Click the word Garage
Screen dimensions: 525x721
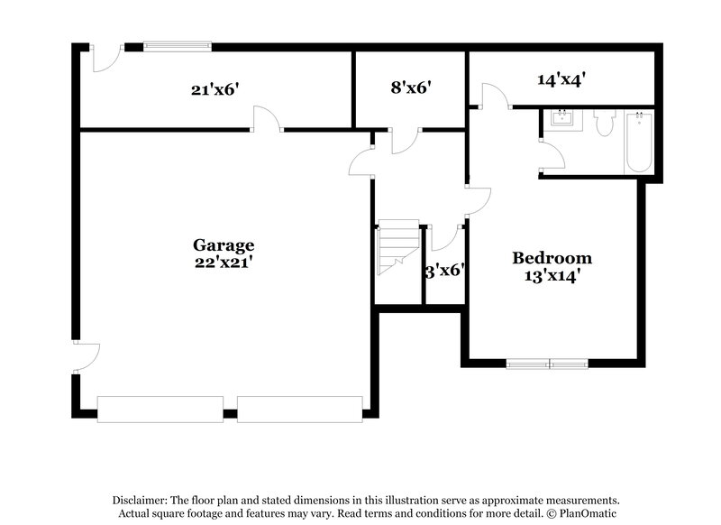[224, 244]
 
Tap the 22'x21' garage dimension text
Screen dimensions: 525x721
[224, 262]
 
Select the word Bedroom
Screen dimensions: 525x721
[552, 258]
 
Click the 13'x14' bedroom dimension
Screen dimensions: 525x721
[552, 277]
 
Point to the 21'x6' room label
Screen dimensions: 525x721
[214, 88]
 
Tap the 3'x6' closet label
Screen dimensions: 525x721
[444, 269]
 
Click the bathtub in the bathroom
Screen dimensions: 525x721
[639, 142]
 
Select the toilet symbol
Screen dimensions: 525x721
[604, 122]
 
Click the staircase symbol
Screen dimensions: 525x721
[397, 248]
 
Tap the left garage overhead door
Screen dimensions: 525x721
[160, 409]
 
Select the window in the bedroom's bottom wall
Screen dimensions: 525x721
[547, 364]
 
